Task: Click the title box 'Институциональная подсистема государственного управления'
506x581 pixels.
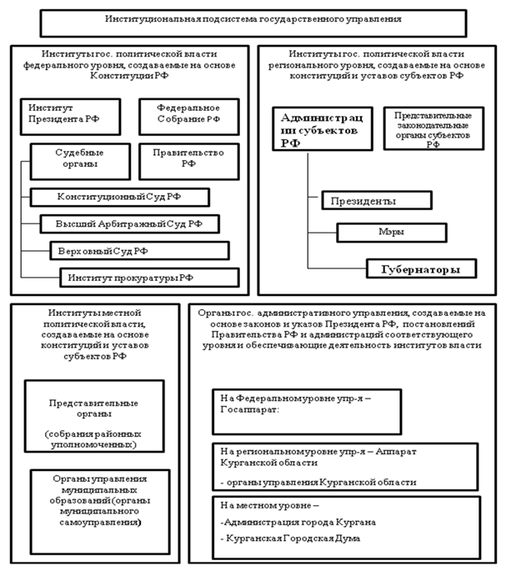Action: pyautogui.click(x=253, y=18)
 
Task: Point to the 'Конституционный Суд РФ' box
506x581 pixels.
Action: pyautogui.click(x=119, y=198)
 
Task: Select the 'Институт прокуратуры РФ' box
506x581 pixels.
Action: pyautogui.click(x=148, y=278)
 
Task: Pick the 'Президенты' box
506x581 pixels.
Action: pyautogui.click(x=376, y=201)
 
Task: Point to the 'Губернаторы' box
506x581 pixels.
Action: pyautogui.click(x=422, y=269)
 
